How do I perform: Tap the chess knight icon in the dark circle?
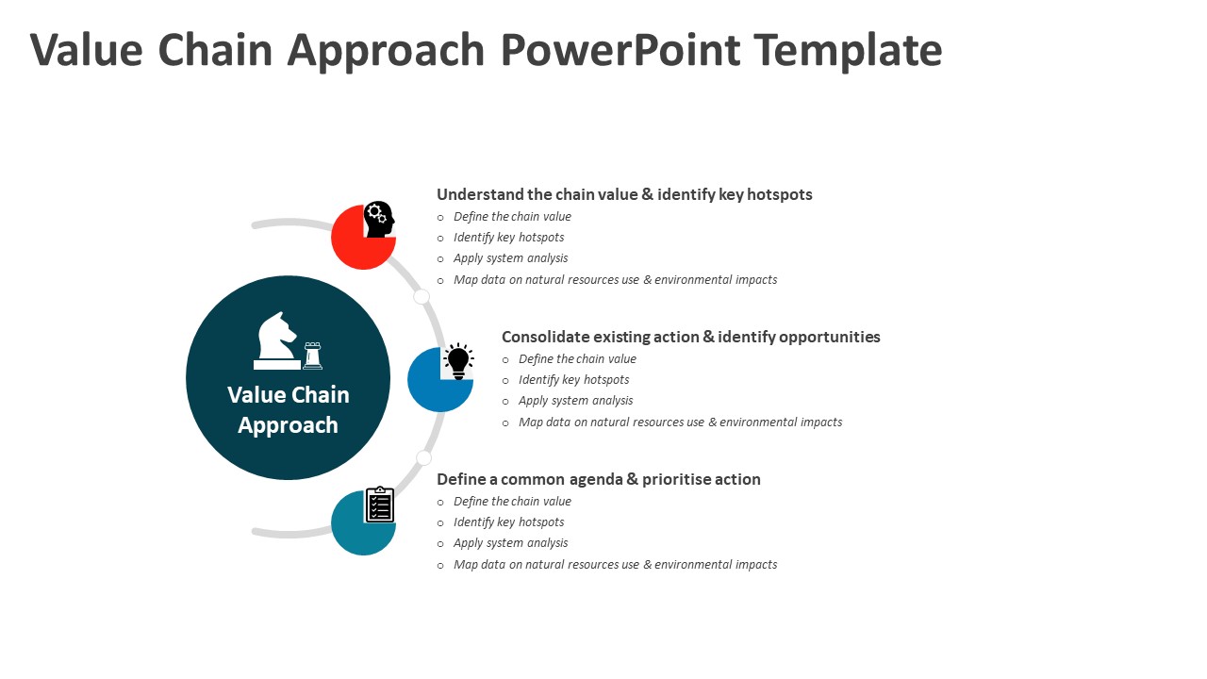point(276,338)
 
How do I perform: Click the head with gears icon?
point(379,219)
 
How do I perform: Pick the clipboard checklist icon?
point(379,505)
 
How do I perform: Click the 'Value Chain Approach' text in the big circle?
point(289,409)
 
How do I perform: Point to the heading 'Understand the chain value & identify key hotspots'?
point(624,194)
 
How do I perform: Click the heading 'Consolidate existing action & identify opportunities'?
point(690,337)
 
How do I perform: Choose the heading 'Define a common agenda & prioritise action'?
point(598,479)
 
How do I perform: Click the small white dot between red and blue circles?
point(422,297)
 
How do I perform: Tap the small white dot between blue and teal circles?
point(424,458)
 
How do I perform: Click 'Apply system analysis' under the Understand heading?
point(510,258)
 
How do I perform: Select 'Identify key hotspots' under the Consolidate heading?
point(573,380)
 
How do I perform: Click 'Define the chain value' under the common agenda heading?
point(512,502)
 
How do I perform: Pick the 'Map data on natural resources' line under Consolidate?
point(680,422)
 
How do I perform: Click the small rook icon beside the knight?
point(312,356)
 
